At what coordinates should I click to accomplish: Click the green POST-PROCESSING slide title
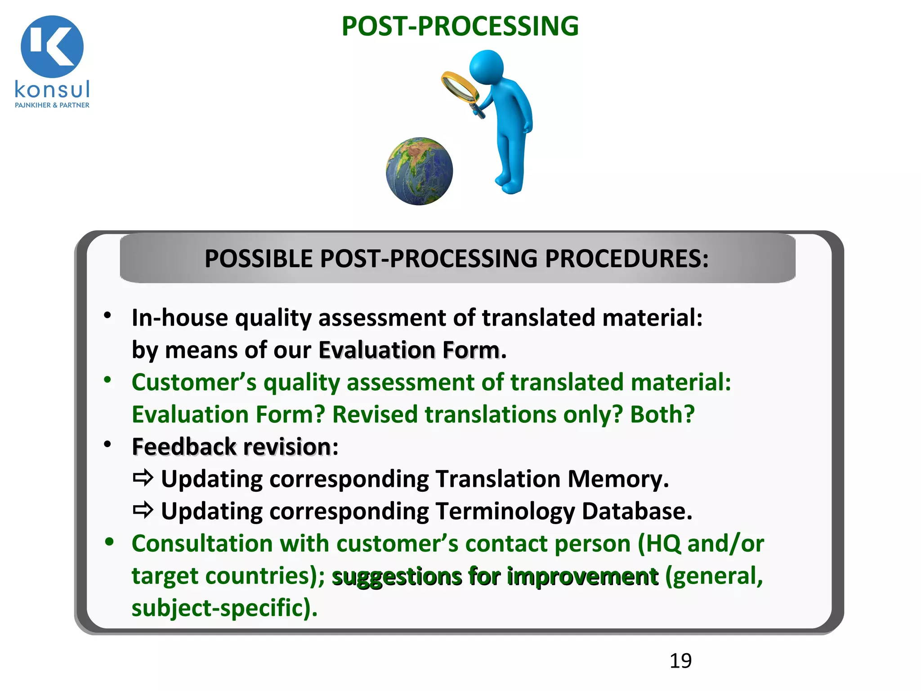[460, 26]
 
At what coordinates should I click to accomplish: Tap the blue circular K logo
[52, 46]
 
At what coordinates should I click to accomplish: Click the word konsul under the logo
[52, 89]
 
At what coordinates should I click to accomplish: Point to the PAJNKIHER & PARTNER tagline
[52, 105]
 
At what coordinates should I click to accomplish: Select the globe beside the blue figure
[419, 171]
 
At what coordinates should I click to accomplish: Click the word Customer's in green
[194, 383]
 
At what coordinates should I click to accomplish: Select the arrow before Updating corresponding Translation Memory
[143, 478]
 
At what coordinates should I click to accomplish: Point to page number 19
[680, 661]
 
